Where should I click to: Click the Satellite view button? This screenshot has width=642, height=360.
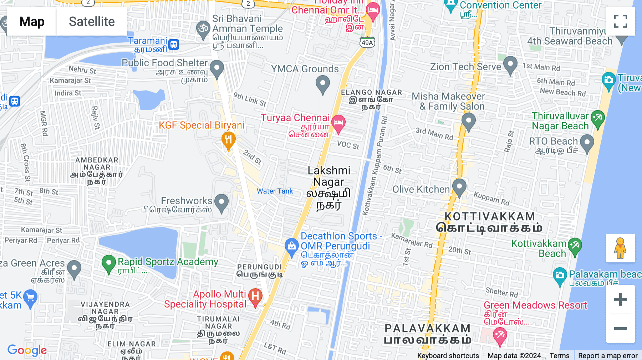(92, 22)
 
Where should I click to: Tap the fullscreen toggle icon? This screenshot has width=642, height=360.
(620, 21)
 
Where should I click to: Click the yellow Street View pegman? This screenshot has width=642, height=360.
(620, 248)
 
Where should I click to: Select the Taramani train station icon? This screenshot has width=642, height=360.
(174, 45)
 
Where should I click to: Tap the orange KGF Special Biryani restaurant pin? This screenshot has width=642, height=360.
(228, 140)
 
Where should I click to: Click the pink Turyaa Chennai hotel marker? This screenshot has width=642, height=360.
(338, 123)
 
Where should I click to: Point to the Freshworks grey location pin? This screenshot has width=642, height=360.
(221, 202)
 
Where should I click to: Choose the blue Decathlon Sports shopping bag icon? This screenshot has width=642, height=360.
(291, 247)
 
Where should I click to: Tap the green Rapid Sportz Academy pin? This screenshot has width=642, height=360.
(108, 264)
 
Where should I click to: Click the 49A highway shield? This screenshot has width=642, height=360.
(367, 43)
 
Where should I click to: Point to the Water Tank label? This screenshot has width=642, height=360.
(275, 191)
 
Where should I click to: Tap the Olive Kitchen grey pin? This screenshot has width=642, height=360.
(459, 187)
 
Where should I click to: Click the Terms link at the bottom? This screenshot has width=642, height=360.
(559, 355)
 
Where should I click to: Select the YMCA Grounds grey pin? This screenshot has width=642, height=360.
(322, 85)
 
